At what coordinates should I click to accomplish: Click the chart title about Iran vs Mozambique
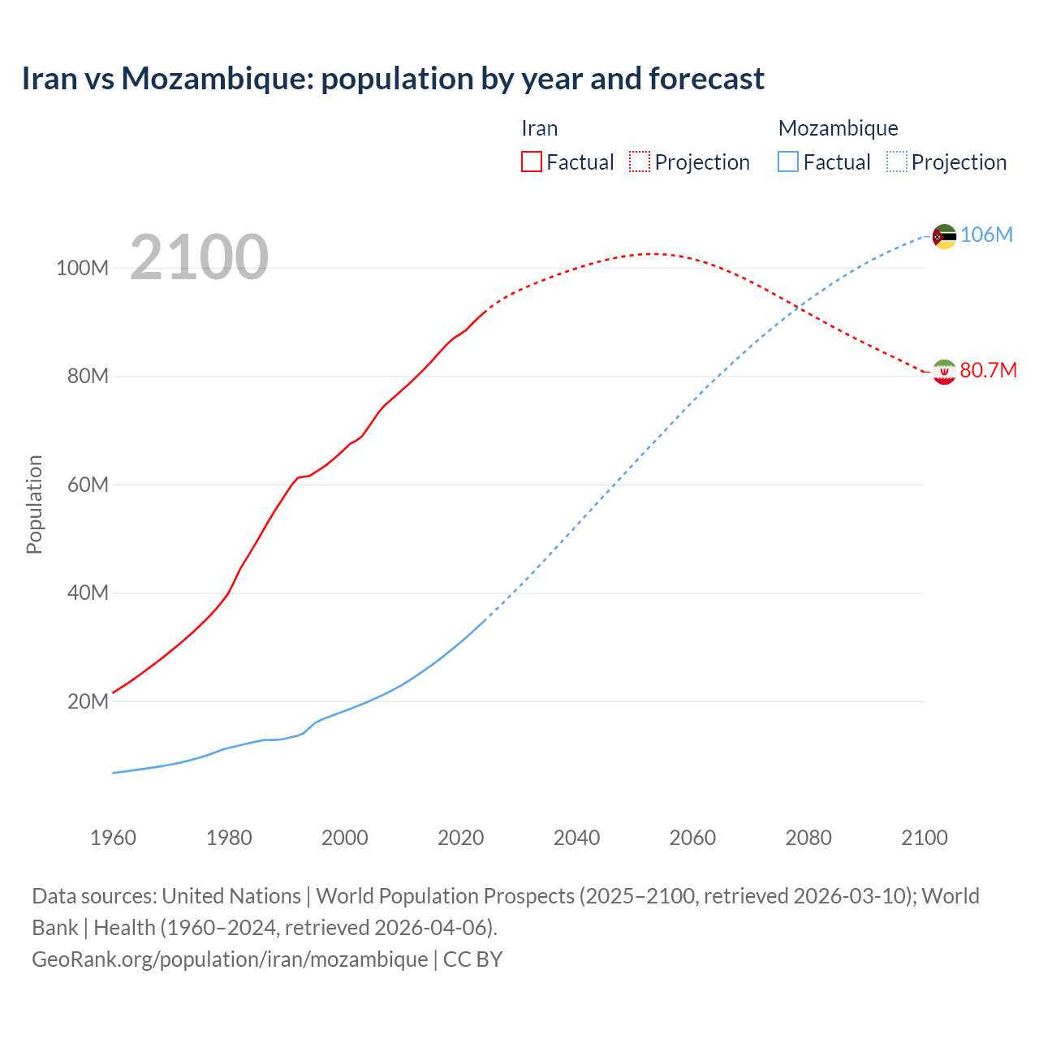click(x=393, y=79)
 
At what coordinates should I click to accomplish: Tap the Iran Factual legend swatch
click(x=531, y=162)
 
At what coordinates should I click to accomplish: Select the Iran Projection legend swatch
click(x=640, y=162)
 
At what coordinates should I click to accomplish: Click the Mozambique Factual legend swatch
click(x=788, y=162)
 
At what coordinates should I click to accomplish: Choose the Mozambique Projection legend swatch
click(x=897, y=162)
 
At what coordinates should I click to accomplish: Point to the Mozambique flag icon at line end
click(x=944, y=236)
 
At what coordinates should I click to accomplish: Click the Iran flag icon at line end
click(x=944, y=372)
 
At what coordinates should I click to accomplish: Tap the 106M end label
click(x=986, y=235)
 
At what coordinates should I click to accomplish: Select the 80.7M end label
click(x=988, y=370)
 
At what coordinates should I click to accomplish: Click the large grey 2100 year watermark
click(x=199, y=257)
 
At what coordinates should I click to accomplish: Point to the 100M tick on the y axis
click(x=82, y=268)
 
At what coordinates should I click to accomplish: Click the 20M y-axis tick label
click(x=87, y=701)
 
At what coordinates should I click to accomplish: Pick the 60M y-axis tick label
click(x=87, y=485)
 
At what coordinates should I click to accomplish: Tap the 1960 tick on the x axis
click(x=113, y=838)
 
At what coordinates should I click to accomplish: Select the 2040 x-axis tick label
click(x=576, y=838)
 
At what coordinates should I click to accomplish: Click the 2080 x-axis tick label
click(x=808, y=838)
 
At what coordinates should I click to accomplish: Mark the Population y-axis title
click(x=34, y=504)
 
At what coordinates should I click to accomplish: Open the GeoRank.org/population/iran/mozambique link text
click(x=230, y=959)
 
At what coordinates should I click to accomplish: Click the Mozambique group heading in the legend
click(x=838, y=128)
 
